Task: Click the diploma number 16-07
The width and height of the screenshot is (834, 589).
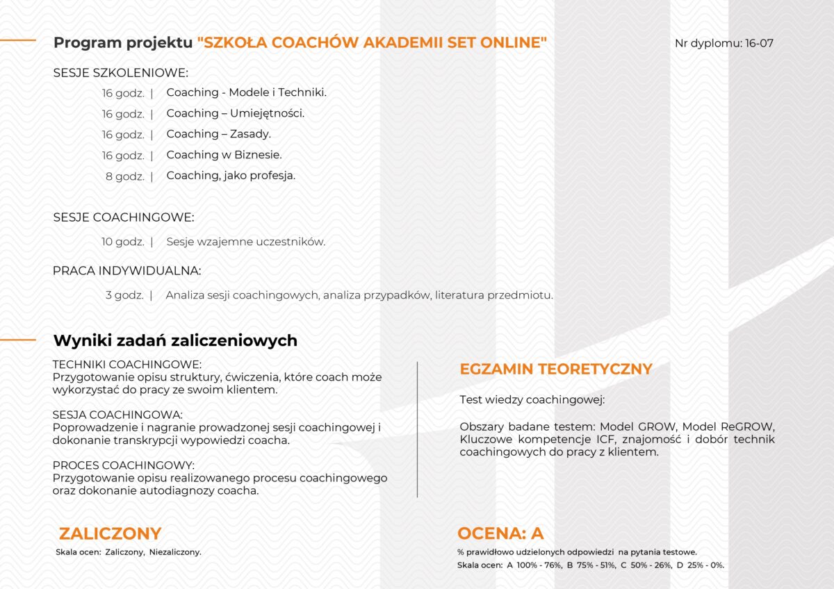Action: point(758,43)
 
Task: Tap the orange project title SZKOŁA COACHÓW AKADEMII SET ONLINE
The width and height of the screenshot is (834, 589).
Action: point(372,42)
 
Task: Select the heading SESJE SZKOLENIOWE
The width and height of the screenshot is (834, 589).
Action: point(121,72)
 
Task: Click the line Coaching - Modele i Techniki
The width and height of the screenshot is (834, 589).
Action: point(246,92)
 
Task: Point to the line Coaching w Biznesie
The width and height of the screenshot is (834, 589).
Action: point(224,155)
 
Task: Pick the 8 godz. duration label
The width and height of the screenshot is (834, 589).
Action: point(125,176)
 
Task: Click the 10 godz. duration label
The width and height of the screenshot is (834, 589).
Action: point(123,242)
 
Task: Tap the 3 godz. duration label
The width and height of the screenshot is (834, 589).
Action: point(125,295)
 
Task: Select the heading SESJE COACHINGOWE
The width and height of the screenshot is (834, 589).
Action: point(124,217)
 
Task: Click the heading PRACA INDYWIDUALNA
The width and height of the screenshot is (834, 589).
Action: point(127,271)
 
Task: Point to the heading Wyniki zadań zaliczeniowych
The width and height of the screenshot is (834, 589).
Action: point(175,340)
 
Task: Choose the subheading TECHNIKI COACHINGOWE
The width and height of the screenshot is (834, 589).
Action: point(127,364)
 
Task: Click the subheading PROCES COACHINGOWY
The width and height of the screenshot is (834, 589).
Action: point(124,465)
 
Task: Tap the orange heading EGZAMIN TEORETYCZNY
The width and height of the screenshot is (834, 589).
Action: point(556,370)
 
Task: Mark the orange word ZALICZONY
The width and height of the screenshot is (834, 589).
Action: point(110,533)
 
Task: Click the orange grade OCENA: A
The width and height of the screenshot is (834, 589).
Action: point(500,533)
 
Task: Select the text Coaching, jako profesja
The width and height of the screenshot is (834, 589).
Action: point(231,176)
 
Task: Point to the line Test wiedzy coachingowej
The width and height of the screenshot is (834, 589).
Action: point(532,400)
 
